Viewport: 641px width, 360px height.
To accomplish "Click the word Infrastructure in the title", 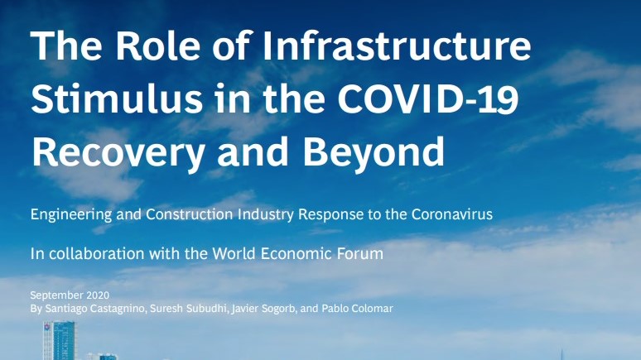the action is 396,45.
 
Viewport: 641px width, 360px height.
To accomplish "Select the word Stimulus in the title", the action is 117,98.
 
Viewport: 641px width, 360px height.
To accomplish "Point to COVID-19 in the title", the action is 428,98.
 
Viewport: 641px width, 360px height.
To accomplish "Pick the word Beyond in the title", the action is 374,152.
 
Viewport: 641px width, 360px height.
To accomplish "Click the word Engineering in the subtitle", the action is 71,214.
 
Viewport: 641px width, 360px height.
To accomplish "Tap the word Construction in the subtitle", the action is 190,214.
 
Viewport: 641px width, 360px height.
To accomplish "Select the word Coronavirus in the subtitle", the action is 451,214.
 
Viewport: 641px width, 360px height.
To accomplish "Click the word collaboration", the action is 96,253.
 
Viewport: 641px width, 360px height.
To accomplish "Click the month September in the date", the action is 51,295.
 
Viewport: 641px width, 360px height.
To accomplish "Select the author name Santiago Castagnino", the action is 95,308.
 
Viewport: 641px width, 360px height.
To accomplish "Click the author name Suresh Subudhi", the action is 189,308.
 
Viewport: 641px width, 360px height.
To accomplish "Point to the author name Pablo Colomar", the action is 357,308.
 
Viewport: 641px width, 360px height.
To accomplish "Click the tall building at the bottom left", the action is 60,340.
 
